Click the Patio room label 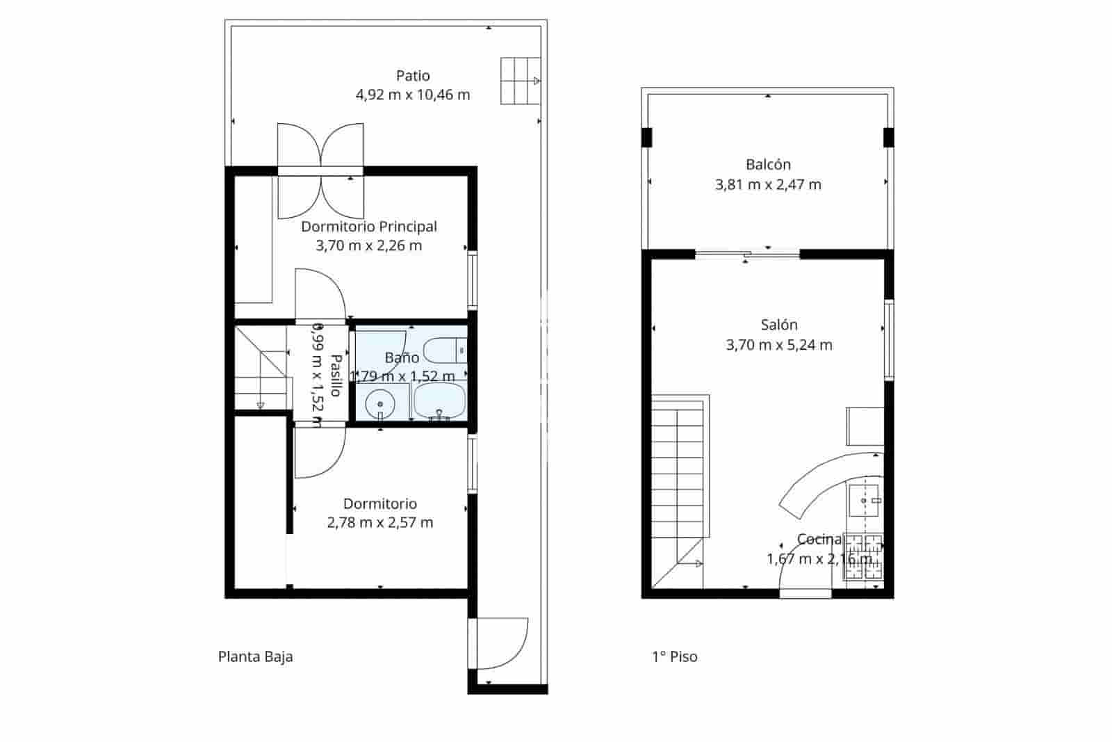[x=413, y=76]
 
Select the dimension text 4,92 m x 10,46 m [x=413, y=95]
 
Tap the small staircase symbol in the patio [x=520, y=81]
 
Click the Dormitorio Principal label [x=368, y=227]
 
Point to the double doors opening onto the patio [x=320, y=170]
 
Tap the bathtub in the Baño [x=439, y=402]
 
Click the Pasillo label [x=335, y=376]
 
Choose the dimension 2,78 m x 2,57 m [x=380, y=523]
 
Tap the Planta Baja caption [x=255, y=657]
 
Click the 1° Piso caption [x=674, y=657]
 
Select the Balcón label [x=768, y=165]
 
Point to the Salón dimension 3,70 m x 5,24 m [x=779, y=345]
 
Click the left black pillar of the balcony [x=647, y=137]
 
